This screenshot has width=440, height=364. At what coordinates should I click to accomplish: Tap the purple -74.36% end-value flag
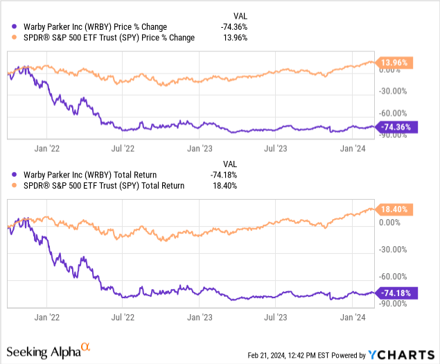pyautogui.click(x=396, y=127)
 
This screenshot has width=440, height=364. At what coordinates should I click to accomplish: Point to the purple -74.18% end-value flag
pyautogui.click(x=396, y=293)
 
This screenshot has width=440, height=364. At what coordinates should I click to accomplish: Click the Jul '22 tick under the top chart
pyautogui.click(x=123, y=147)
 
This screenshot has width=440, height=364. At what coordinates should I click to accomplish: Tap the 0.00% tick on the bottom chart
pyautogui.click(x=389, y=223)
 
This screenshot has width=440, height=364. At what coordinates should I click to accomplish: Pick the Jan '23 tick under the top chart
pyautogui.click(x=201, y=147)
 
